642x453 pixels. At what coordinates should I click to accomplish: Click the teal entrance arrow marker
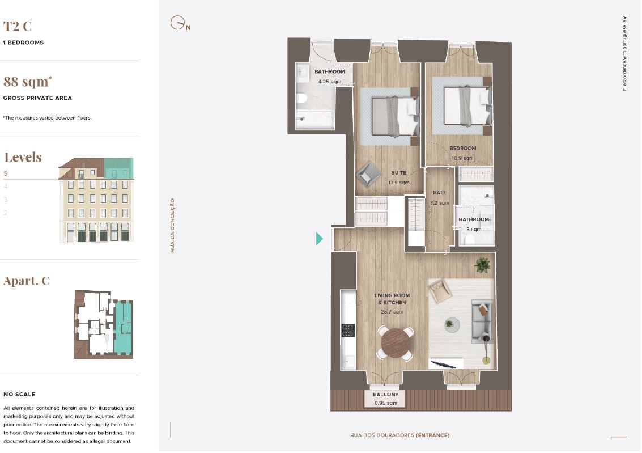(x=320, y=239)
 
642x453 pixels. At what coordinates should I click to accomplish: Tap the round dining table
(x=396, y=343)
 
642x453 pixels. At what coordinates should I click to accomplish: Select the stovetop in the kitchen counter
(x=348, y=331)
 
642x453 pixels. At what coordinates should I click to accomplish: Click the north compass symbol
(x=179, y=23)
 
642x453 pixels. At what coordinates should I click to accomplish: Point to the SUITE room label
(x=398, y=173)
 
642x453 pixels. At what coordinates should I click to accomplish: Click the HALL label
(x=439, y=193)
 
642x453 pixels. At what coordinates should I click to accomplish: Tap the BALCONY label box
(x=385, y=399)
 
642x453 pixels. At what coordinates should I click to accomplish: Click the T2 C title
(x=17, y=26)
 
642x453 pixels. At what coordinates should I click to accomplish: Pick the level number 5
(x=6, y=173)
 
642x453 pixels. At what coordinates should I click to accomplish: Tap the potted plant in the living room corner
(x=482, y=265)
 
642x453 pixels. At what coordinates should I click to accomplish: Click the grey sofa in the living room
(x=482, y=321)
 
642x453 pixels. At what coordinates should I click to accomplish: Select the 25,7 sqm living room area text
(x=392, y=312)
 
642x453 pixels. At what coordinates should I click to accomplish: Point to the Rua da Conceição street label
(x=172, y=225)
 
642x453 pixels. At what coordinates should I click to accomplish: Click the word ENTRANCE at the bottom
(x=432, y=435)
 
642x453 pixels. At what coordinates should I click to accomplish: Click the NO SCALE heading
(x=19, y=395)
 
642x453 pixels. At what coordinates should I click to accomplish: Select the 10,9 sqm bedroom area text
(x=463, y=158)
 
